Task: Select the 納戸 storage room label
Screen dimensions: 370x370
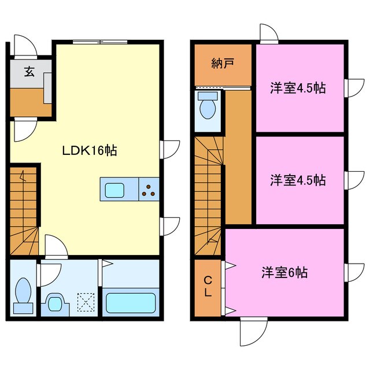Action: (222, 63)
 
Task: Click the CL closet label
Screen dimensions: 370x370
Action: (208, 287)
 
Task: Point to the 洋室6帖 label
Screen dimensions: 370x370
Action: (284, 272)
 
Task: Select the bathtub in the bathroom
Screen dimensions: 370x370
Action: (130, 301)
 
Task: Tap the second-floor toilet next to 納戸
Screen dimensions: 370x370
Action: (208, 106)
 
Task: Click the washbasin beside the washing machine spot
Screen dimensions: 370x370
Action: (56, 302)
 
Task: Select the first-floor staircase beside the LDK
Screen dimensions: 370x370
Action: (24, 211)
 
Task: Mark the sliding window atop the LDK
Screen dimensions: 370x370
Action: (100, 42)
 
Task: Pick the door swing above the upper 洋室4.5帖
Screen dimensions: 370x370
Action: (268, 35)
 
